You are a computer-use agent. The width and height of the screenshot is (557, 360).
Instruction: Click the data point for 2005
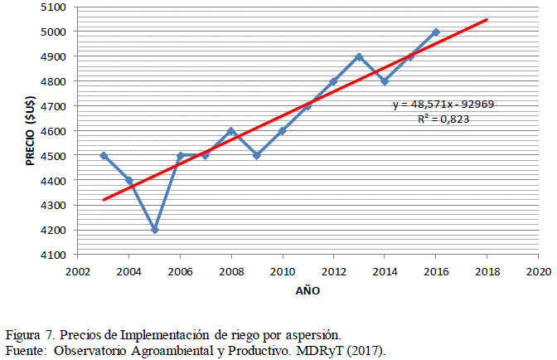tap(155, 230)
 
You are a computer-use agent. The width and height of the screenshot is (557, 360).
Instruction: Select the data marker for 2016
tap(436, 32)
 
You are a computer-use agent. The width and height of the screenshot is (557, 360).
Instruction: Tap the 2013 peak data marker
tap(359, 57)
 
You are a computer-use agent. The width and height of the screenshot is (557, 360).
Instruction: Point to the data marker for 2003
tap(104, 155)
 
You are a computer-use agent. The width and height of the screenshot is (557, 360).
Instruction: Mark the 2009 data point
tap(257, 155)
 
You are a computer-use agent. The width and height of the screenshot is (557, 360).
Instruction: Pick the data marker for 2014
tap(385, 81)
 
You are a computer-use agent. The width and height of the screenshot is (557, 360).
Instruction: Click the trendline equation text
tap(444, 105)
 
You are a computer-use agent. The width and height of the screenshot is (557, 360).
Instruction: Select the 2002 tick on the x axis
tap(78, 270)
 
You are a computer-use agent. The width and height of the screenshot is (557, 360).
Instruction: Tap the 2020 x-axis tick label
tap(539, 270)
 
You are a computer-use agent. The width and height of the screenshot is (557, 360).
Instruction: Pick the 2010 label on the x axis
tap(283, 270)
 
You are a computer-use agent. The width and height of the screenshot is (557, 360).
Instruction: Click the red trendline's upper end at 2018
tap(487, 19)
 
